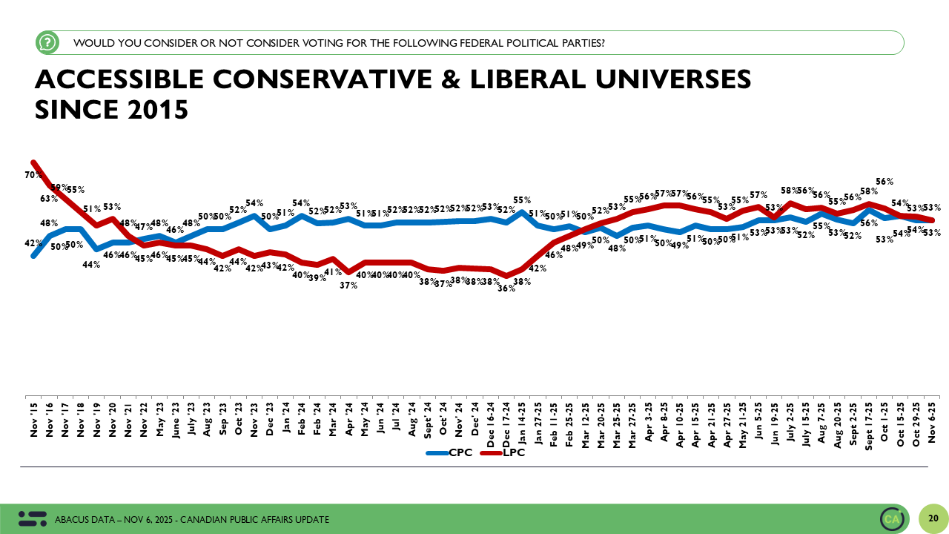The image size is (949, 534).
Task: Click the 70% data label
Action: (x=33, y=175)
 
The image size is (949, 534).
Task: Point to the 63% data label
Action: (x=49, y=198)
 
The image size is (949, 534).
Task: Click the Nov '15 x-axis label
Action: (x=34, y=421)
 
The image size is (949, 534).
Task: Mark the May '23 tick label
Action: (x=161, y=421)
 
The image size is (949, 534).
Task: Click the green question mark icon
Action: (x=47, y=43)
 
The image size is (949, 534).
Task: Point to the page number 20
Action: (x=933, y=518)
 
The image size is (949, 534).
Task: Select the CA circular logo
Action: (x=892, y=518)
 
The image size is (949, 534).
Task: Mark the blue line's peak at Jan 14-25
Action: (x=523, y=212)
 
